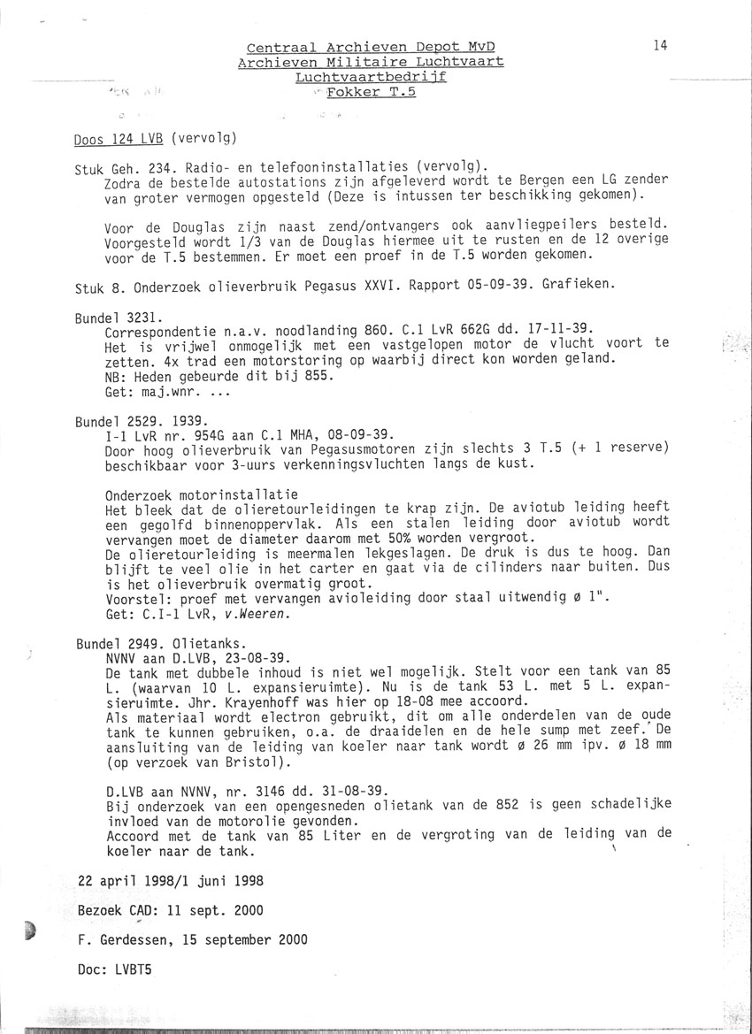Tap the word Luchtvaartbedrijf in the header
[371, 77]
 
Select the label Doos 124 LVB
[119, 137]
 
